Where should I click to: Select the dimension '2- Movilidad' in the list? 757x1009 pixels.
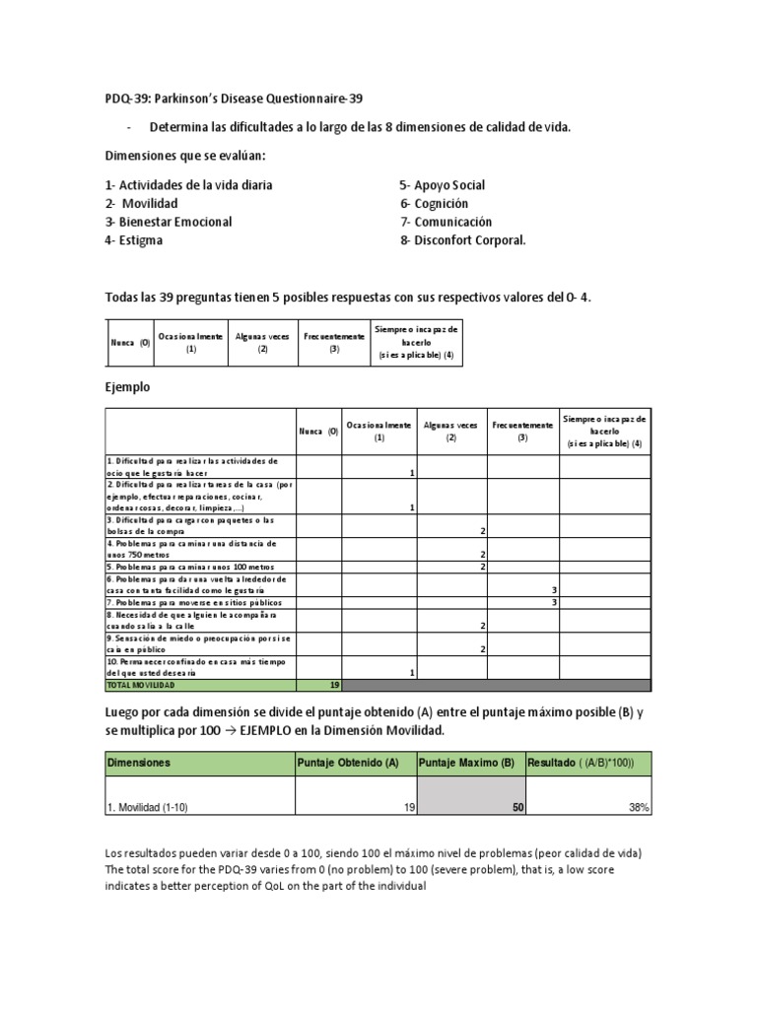click(142, 203)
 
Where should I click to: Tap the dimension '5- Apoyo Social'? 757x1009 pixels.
click(442, 185)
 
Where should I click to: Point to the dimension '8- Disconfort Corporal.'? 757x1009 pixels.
click(462, 239)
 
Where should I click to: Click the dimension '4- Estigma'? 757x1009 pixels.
click(134, 239)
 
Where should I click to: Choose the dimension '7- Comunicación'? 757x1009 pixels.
click(446, 222)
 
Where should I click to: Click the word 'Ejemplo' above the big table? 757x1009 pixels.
click(127, 387)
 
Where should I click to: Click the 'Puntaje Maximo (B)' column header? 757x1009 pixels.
click(466, 763)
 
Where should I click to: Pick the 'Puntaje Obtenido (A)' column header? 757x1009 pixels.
click(348, 763)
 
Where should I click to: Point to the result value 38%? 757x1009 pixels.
click(638, 808)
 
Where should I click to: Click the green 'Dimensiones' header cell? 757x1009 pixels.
click(139, 763)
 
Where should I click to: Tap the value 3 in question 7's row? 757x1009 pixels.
click(555, 602)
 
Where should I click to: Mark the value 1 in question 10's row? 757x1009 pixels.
click(410, 672)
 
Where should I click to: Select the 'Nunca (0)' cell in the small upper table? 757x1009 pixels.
click(129, 342)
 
